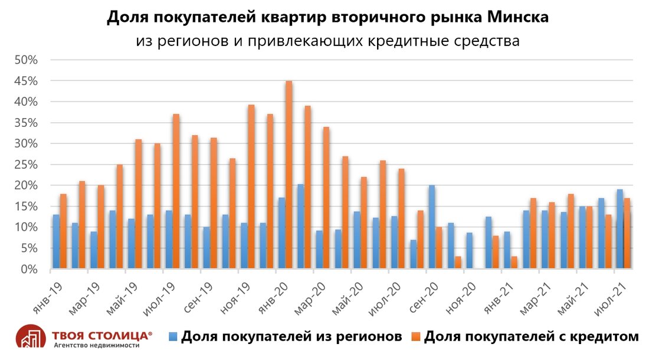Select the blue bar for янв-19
tap(56, 241)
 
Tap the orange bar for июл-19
tap(176, 191)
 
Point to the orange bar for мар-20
tap(326, 198)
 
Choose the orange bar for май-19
tap(138, 204)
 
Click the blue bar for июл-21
tap(620, 229)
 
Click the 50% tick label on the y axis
tap(27, 60)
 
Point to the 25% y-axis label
tap(27, 165)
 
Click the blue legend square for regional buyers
tap(172, 336)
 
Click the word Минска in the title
tap(518, 18)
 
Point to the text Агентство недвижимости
tap(96, 345)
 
